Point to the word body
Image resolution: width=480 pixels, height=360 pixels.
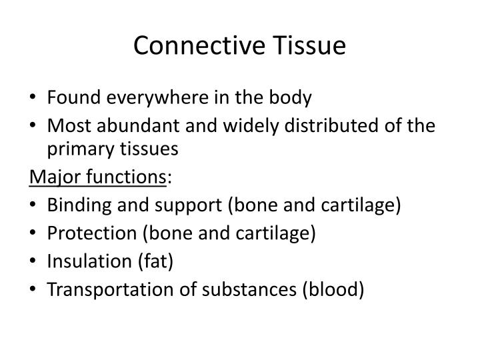[289, 98]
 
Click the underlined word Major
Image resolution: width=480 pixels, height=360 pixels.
[51, 177]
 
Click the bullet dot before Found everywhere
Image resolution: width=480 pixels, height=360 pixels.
[35, 99]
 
